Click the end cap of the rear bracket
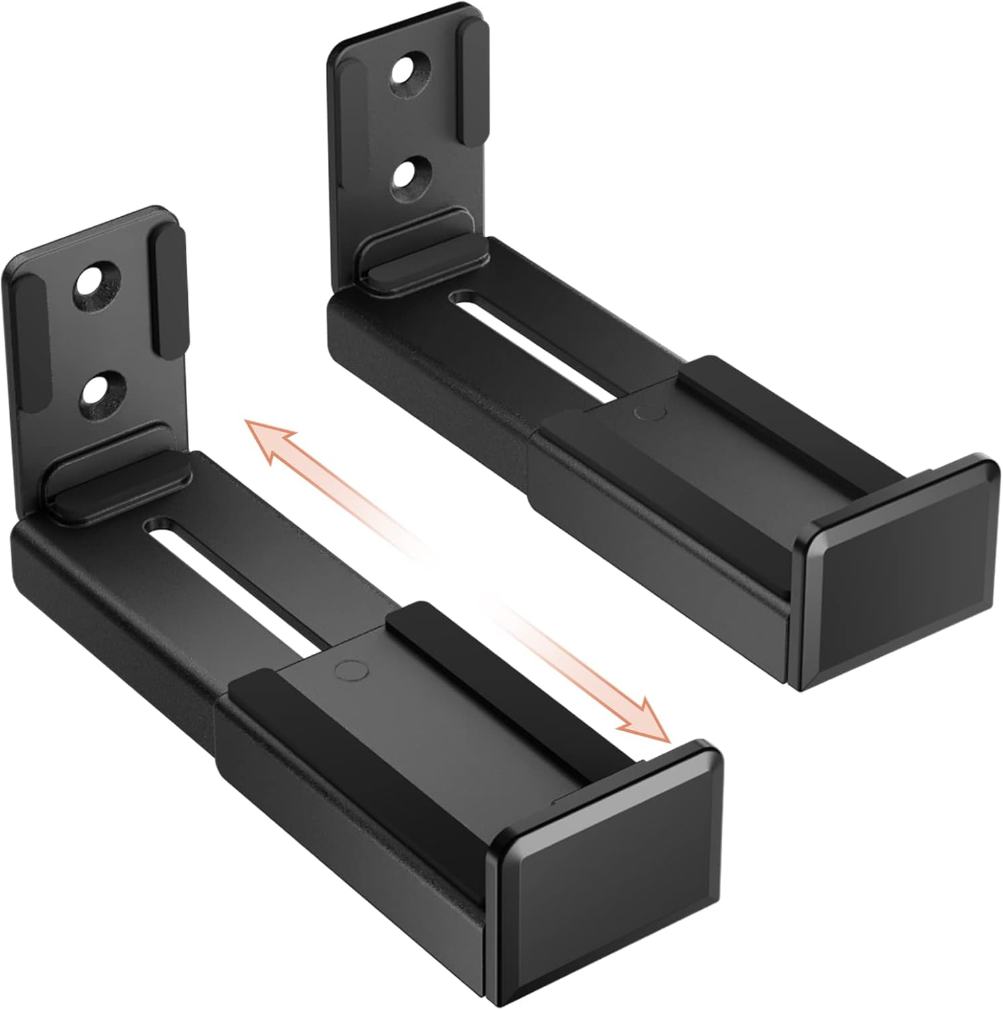[x=902, y=572]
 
